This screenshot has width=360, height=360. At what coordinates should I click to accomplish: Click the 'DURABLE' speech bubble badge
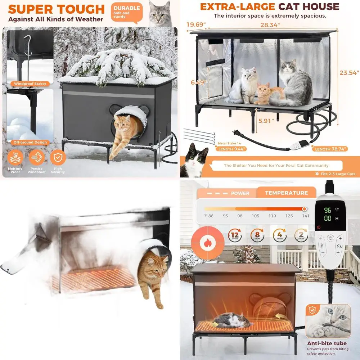(x=126, y=12)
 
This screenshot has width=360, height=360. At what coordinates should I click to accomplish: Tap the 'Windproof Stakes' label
(x=30, y=84)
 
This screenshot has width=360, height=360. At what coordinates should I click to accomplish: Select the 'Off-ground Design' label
(x=30, y=142)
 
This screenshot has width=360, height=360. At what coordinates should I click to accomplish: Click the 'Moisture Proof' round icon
(x=15, y=157)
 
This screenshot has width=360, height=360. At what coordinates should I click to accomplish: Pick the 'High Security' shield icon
(x=58, y=157)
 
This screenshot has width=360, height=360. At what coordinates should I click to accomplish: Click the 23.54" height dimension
(x=349, y=72)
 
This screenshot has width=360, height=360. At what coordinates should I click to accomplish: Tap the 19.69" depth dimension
(x=195, y=24)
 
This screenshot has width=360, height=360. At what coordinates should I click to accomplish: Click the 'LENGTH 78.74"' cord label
(x=330, y=149)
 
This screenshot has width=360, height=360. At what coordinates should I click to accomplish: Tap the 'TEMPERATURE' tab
(x=286, y=193)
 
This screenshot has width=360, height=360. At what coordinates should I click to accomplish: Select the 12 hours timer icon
(x=235, y=235)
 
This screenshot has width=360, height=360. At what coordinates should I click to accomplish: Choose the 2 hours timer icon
(x=301, y=235)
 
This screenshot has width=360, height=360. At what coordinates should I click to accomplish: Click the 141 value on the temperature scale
(x=305, y=216)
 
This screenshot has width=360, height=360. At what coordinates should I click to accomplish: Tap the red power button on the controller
(x=319, y=227)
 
